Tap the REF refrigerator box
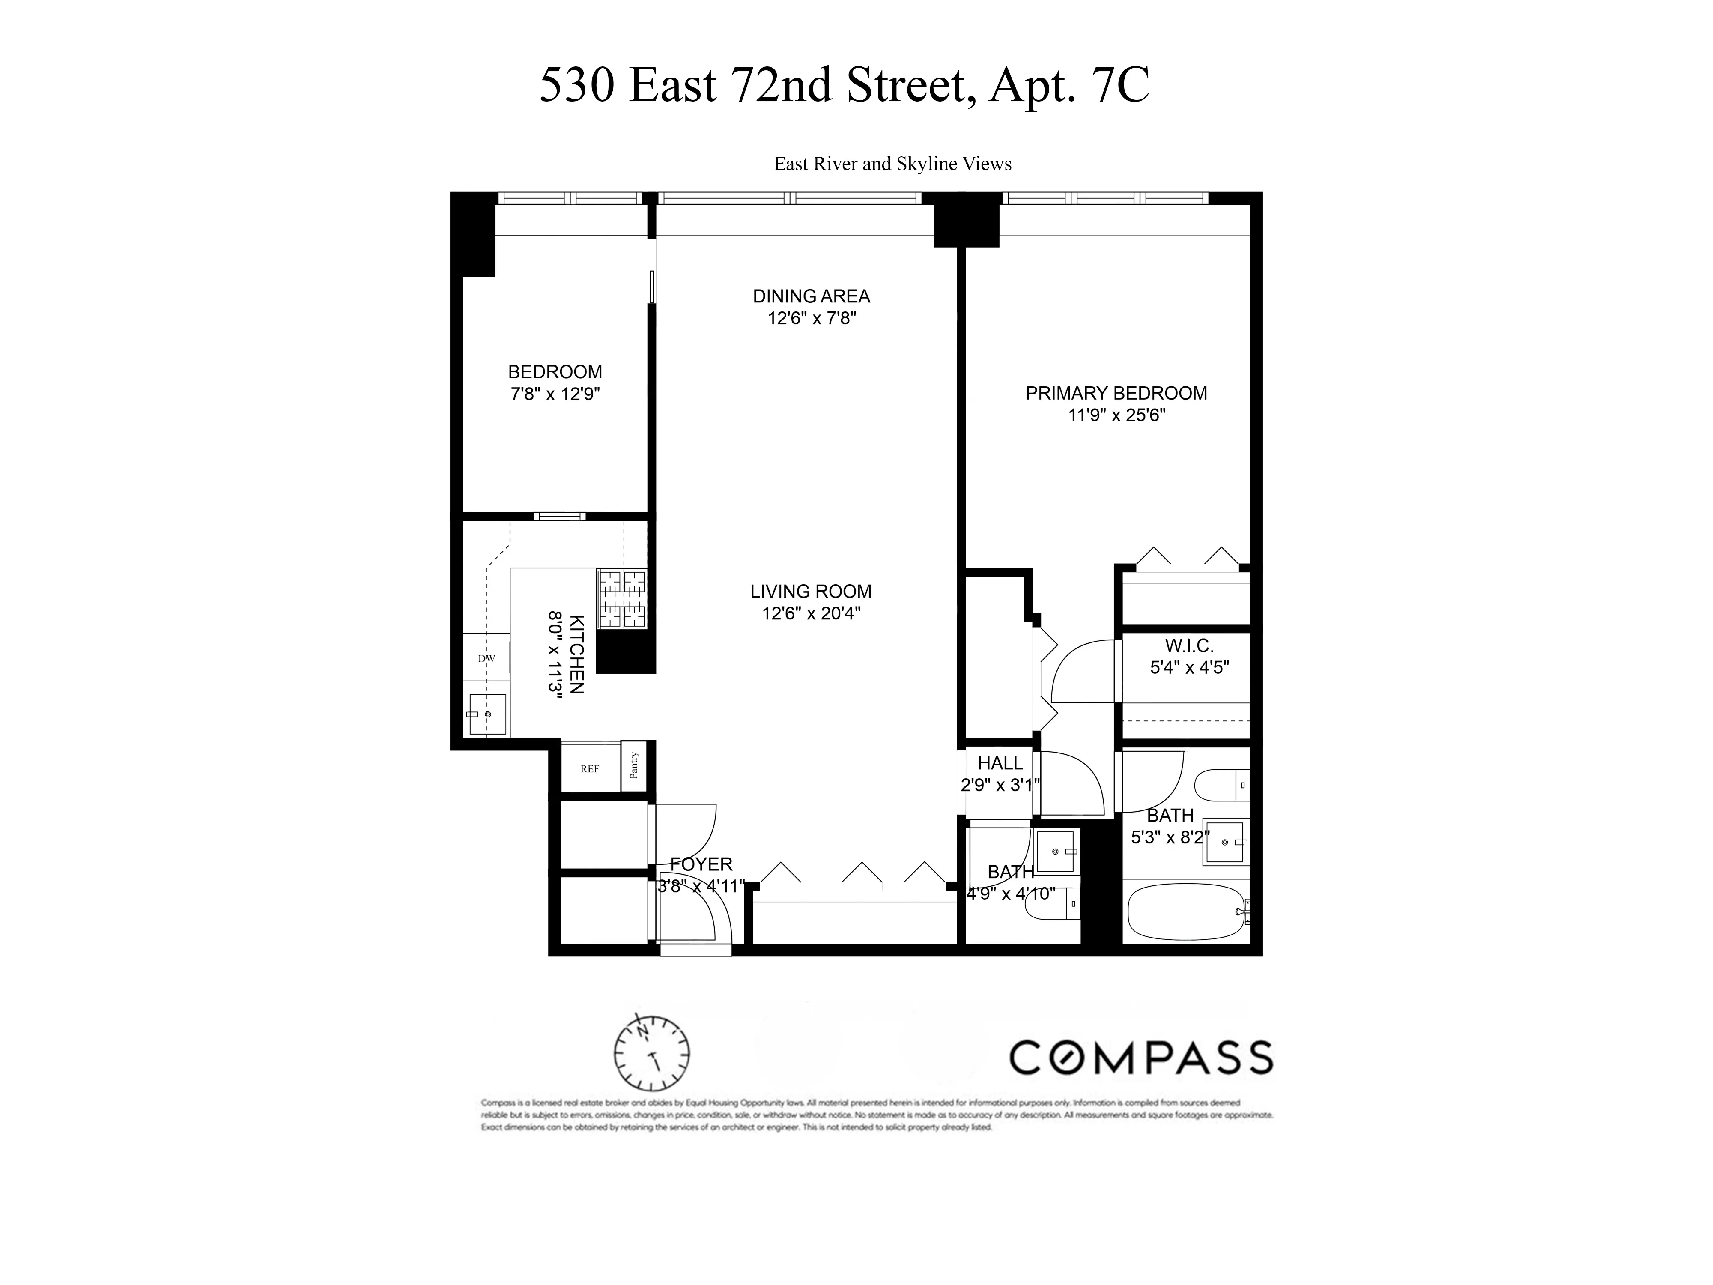click(x=590, y=769)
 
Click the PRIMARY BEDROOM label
click(x=1116, y=394)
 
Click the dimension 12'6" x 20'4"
click(x=811, y=613)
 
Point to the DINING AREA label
click(x=811, y=296)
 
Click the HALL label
click(x=1000, y=763)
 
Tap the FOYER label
click(x=701, y=864)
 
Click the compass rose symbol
click(x=652, y=1053)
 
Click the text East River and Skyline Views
click(x=892, y=164)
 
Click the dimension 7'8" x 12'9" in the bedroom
click(x=555, y=394)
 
